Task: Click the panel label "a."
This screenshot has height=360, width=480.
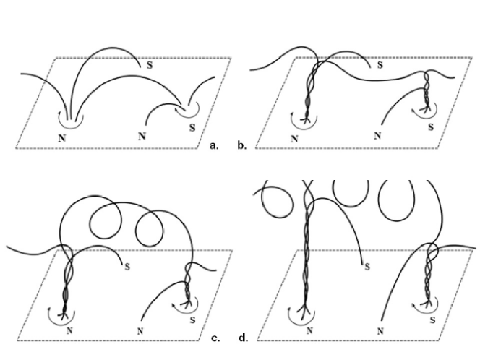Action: coord(214,146)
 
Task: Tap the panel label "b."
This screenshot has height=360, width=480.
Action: coord(242,145)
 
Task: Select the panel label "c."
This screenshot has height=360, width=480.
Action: coord(215,338)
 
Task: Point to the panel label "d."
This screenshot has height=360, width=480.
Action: coord(244,338)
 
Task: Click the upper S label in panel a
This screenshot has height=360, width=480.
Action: coord(150,65)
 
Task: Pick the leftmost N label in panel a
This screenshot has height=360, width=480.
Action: coord(62,138)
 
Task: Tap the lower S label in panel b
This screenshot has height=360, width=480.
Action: coord(431,127)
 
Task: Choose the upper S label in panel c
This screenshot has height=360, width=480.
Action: coord(127,267)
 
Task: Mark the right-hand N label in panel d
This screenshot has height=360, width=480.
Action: coord(380,331)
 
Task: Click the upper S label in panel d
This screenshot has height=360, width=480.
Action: coord(367,267)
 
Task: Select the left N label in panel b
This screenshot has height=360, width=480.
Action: coord(294,139)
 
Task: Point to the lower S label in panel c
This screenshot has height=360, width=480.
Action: coord(192,320)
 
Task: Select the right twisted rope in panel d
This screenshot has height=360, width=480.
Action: coord(428,275)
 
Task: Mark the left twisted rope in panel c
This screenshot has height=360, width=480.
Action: coord(67,285)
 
